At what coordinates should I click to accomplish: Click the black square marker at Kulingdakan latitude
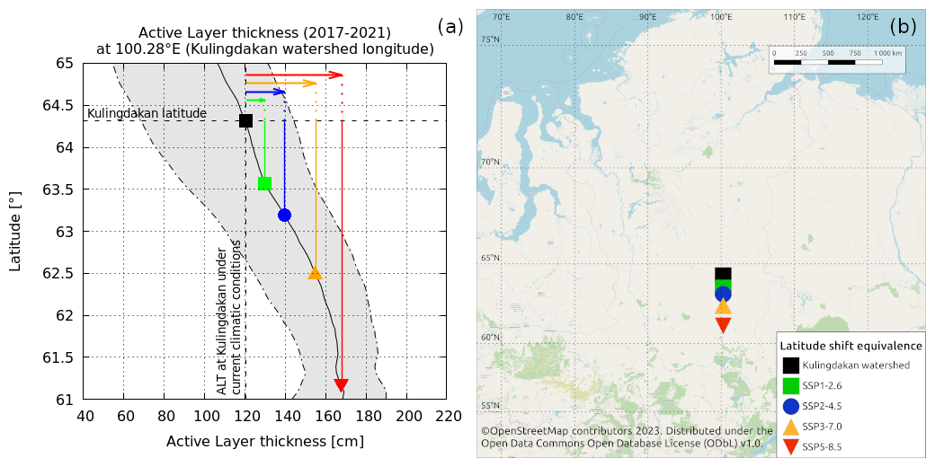[245, 120]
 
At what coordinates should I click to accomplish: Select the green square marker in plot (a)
[264, 183]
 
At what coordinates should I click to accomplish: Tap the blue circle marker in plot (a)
[284, 215]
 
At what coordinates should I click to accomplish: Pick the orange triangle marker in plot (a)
[315, 273]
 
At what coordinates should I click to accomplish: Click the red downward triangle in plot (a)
[341, 384]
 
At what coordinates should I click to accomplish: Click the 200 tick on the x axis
[408, 416]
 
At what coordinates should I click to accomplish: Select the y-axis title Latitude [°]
[15, 231]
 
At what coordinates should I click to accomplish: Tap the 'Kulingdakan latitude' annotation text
[147, 113]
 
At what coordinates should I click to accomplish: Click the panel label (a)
[450, 27]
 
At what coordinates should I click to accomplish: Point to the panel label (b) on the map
[902, 27]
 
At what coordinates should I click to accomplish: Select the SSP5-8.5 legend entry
[822, 446]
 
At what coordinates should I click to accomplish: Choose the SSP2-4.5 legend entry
[822, 405]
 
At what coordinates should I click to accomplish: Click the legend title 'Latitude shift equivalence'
[850, 346]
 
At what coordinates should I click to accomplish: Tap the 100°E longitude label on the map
[720, 17]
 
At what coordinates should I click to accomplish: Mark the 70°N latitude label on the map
[490, 163]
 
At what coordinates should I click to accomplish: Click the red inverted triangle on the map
[723, 325]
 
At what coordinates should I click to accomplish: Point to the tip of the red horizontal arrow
[343, 75]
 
